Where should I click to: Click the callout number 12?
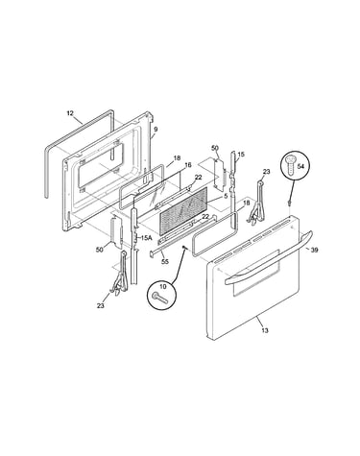pos(70,113)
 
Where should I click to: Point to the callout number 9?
pos(156,130)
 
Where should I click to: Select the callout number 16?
pos(188,165)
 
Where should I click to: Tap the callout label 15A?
pos(146,238)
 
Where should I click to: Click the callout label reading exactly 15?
pos(241,155)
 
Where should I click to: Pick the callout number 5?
pos(226,196)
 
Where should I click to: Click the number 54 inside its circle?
pos(300,166)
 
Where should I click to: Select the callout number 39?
pos(314,250)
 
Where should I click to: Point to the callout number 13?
pos(265,330)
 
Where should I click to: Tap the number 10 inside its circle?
pos(162,287)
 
